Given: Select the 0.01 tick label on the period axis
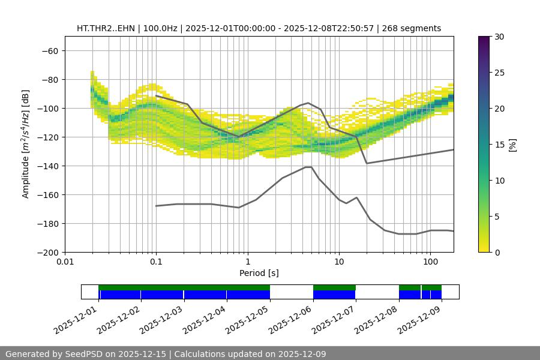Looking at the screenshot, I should (65, 262).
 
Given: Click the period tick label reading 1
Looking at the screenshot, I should (247, 262).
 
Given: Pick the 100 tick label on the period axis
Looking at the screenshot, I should (430, 262).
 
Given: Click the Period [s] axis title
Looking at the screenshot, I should (259, 273).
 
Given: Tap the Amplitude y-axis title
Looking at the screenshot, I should (26, 144).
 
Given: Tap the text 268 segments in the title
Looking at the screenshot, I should (414, 28).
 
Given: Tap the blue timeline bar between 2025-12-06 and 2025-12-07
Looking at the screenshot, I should (334, 295).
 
